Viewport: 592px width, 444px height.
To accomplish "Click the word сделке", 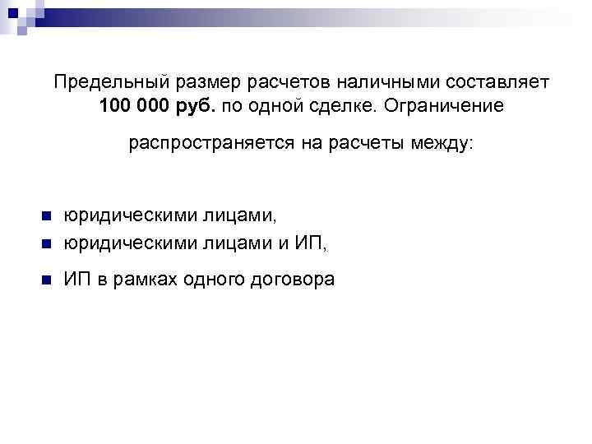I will [x=342, y=108].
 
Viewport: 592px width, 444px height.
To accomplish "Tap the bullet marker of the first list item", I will [x=46, y=216].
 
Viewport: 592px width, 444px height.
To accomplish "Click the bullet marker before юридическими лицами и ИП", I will [x=46, y=243].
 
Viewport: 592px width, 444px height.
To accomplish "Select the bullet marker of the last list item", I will [x=46, y=280].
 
